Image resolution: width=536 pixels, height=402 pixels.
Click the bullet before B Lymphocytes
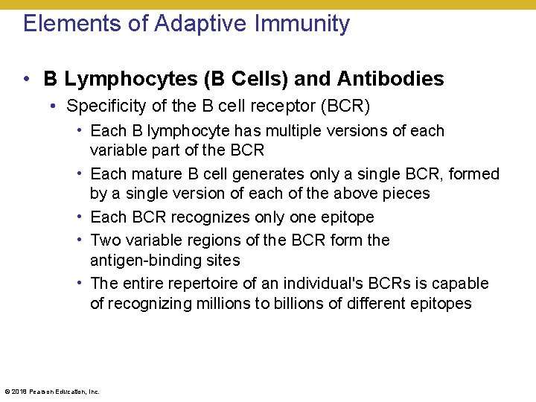pyautogui.click(x=27, y=79)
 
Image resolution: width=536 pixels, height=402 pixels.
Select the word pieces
pyautogui.click(x=403, y=194)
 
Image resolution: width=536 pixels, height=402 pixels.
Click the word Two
pyautogui.click(x=104, y=240)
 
